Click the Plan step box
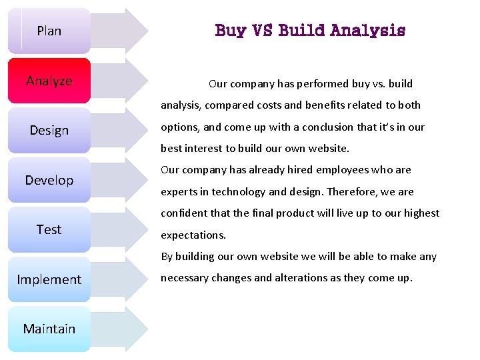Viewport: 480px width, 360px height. (49, 31)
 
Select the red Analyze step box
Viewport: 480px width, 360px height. (49, 81)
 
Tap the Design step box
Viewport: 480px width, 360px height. (49, 130)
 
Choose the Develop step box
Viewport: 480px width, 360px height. (49, 180)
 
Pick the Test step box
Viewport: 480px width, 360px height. (49, 229)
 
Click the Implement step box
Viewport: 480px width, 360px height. (49, 279)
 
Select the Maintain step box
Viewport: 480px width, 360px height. (49, 329)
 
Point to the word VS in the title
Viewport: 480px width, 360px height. (262, 31)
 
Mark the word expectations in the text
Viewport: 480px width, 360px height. (193, 235)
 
